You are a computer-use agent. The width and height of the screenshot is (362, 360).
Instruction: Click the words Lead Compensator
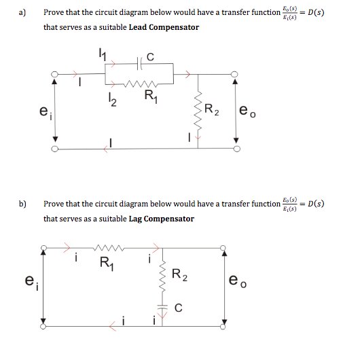click(x=164, y=27)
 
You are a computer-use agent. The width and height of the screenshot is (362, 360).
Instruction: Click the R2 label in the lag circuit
click(x=179, y=275)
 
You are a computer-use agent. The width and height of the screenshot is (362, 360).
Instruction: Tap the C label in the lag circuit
click(x=178, y=307)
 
